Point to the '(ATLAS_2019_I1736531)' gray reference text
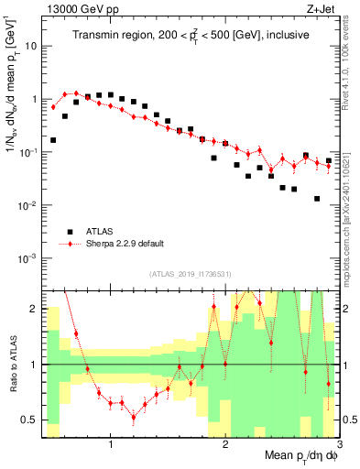[x=190, y=274]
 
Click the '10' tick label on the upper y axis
[x=31, y=45]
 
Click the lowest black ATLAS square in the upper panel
[x=316, y=199]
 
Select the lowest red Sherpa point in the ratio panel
[x=134, y=418]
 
